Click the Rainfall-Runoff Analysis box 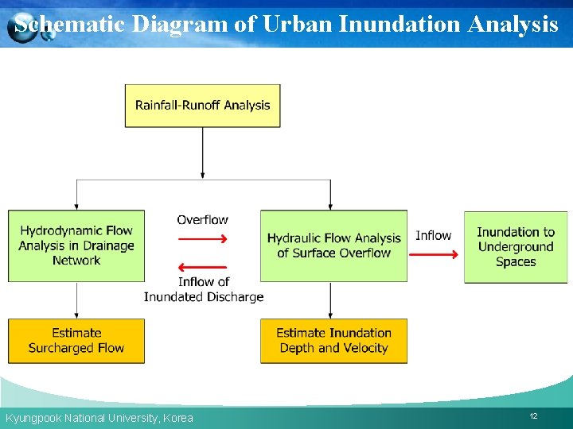click(x=202, y=106)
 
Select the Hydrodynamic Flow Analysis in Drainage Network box click(x=76, y=245)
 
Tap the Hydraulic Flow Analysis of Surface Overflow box click(x=333, y=245)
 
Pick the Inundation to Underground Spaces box click(x=516, y=247)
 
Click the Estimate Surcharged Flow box click(x=76, y=341)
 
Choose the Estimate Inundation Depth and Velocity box click(x=333, y=341)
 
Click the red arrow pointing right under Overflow click(x=203, y=238)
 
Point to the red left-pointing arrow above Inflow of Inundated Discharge click(x=203, y=267)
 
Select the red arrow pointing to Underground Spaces click(x=435, y=254)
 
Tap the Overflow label click(x=202, y=220)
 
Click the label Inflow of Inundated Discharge click(x=203, y=289)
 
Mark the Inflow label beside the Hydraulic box click(x=433, y=235)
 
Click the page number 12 click(x=533, y=416)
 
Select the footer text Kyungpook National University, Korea click(x=99, y=418)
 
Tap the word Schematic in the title click(x=70, y=24)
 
